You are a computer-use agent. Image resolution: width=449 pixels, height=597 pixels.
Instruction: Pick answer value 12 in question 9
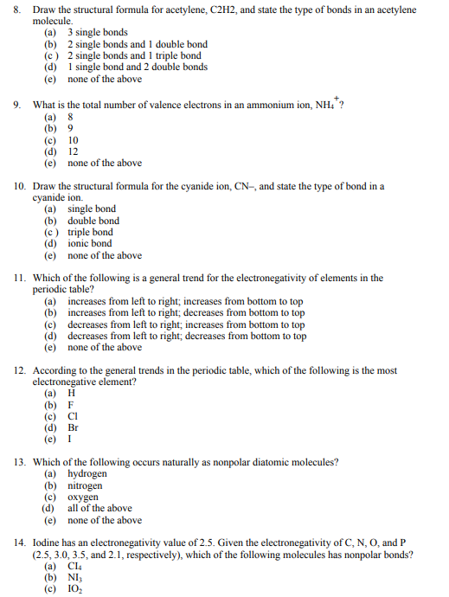[74, 151]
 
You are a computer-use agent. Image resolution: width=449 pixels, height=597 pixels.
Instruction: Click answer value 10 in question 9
[74, 140]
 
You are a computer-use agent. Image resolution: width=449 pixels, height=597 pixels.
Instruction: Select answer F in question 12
[71, 405]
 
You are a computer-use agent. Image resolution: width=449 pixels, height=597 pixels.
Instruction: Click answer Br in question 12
[74, 427]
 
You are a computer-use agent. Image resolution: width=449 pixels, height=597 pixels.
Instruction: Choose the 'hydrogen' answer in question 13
[87, 474]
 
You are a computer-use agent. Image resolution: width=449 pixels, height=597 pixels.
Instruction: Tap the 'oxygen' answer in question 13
[83, 497]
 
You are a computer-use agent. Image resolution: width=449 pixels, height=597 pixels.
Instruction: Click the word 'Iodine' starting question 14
[47, 543]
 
